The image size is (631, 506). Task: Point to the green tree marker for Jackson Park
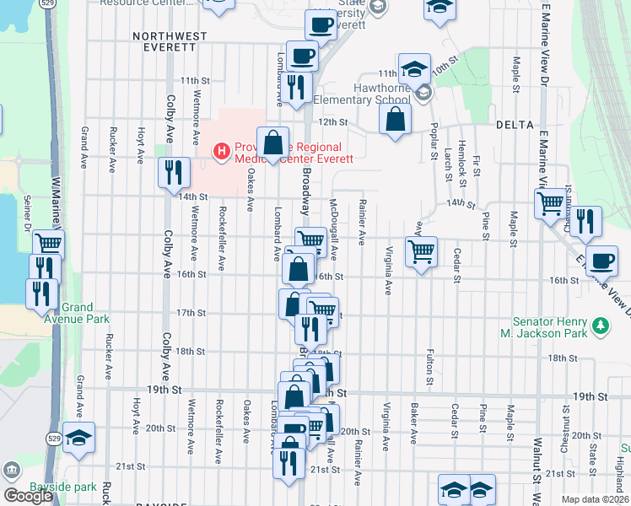click(x=600, y=325)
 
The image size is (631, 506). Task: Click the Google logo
click(x=28, y=496)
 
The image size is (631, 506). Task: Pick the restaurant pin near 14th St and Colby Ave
click(x=174, y=173)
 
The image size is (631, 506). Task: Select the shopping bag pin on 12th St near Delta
click(x=395, y=120)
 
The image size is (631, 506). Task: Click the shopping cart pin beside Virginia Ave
click(x=421, y=250)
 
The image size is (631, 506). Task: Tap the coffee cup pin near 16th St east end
click(x=601, y=261)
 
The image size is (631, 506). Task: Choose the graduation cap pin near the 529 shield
click(x=78, y=439)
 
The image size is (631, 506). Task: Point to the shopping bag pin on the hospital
click(x=273, y=144)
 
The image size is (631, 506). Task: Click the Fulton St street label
click(x=430, y=368)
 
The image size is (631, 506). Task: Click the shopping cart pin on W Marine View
click(x=48, y=245)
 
